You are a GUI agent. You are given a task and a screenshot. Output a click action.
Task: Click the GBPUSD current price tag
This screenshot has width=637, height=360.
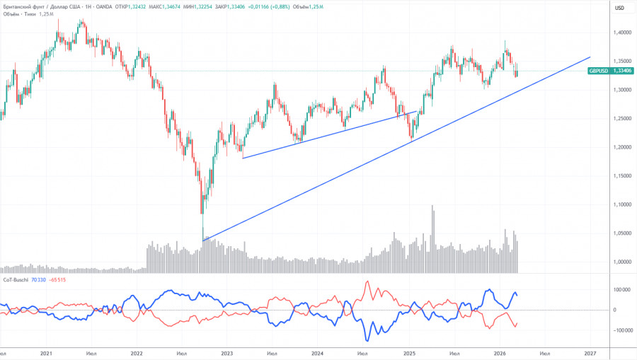point(604,71)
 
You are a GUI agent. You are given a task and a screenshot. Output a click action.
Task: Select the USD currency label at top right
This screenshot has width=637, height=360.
point(619,8)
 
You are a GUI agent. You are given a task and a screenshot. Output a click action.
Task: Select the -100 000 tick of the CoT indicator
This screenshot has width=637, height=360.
point(619,330)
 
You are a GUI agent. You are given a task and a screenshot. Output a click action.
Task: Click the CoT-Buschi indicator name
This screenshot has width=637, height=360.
point(16,280)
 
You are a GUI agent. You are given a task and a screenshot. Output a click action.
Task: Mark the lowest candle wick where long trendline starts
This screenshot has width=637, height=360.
point(202,240)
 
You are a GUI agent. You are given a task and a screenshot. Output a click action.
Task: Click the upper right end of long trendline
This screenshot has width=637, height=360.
point(590,57)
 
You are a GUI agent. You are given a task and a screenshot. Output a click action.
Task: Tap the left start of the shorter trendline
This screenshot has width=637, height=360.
point(242,158)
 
